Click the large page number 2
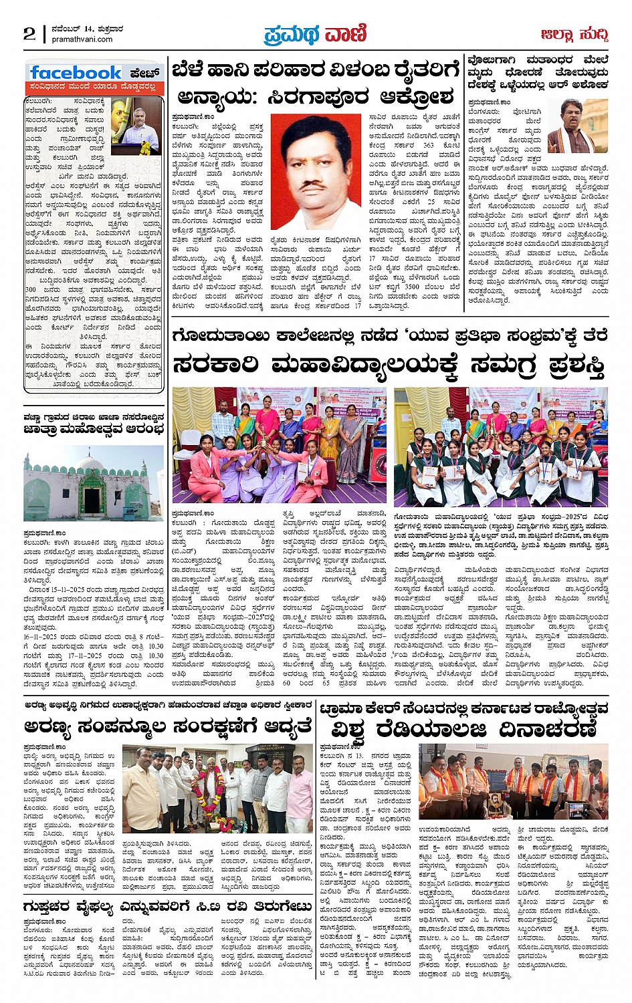click(29, 33)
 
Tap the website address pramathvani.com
click(82, 39)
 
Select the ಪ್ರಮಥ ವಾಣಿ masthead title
click(315, 33)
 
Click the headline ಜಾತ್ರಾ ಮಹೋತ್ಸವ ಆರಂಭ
click(93, 429)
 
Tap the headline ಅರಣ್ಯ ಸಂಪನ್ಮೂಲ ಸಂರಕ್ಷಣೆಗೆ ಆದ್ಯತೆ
click(168, 726)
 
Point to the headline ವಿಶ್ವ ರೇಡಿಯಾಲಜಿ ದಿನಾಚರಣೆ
click(463, 728)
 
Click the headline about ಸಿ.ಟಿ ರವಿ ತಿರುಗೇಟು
click(168, 907)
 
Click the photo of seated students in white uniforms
click(500, 446)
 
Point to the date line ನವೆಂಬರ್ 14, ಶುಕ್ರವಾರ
click(88, 29)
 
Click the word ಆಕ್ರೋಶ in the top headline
click(393, 97)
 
